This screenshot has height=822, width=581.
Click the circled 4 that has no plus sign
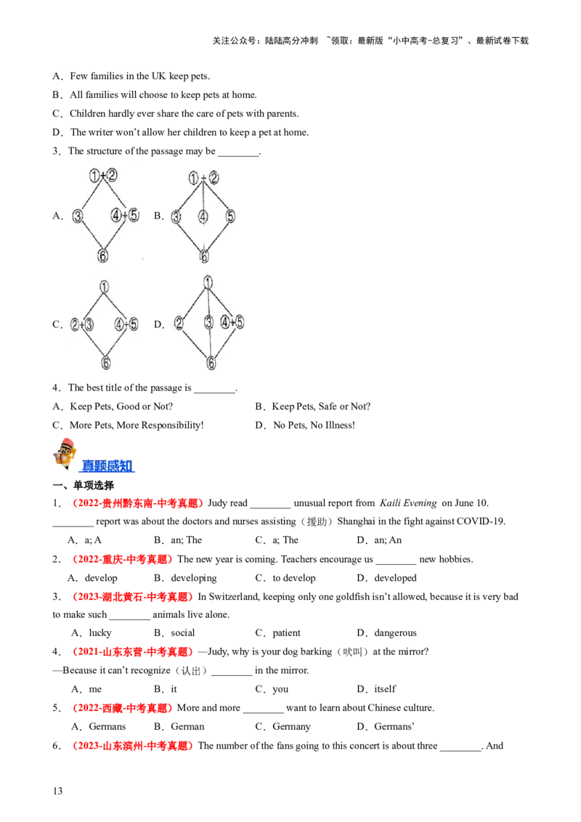(x=203, y=216)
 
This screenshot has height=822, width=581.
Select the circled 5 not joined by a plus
(x=230, y=216)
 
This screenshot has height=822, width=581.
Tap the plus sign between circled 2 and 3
(x=81, y=325)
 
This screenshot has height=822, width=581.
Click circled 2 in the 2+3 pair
(x=75, y=325)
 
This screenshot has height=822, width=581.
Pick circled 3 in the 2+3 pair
(x=89, y=325)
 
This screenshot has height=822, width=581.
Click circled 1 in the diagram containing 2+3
(x=105, y=286)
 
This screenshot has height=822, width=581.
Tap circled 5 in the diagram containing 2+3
(x=134, y=325)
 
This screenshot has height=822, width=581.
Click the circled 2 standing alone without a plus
(x=179, y=323)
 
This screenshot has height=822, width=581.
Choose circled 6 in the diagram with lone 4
(x=204, y=256)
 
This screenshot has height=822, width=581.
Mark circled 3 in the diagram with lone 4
(x=176, y=216)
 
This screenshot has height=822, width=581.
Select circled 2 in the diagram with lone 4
(x=213, y=179)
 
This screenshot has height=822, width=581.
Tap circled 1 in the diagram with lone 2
(x=208, y=282)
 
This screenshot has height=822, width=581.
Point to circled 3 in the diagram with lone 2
(x=209, y=323)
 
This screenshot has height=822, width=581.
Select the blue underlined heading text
(x=107, y=466)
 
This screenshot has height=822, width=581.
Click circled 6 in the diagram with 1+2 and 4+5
(x=103, y=256)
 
